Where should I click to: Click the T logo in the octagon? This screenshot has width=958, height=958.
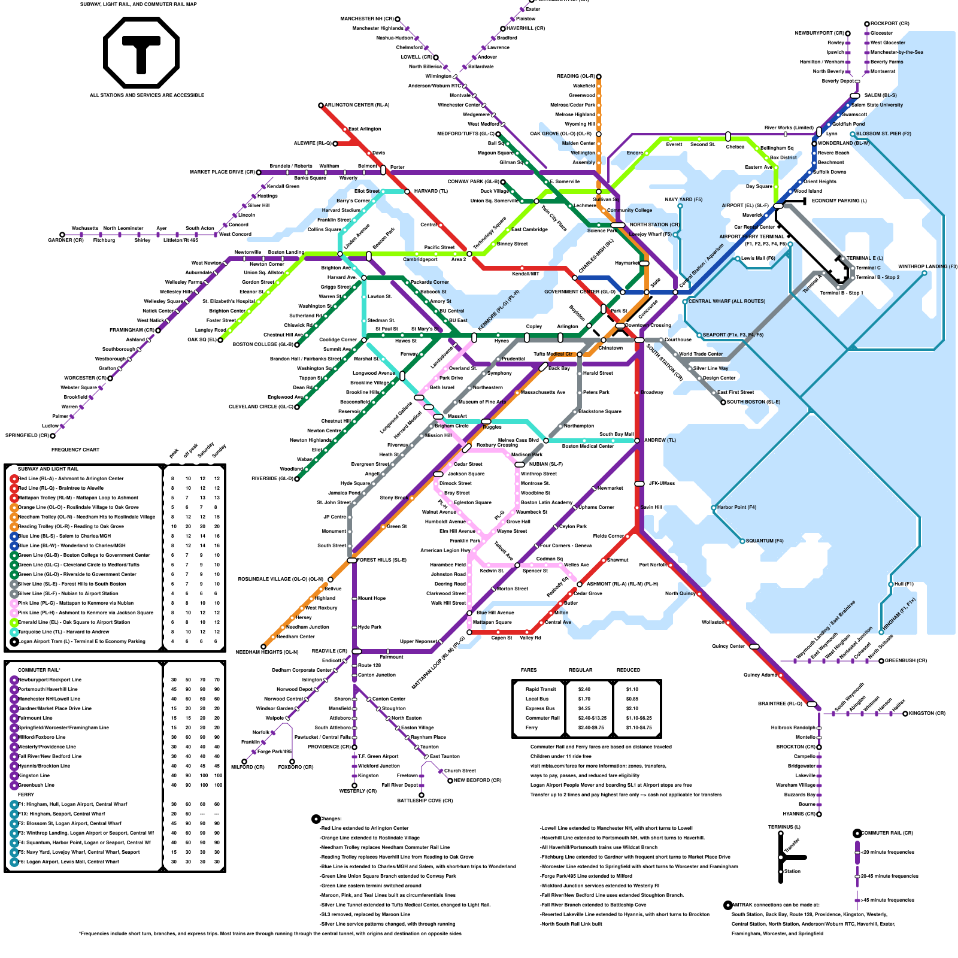click(x=141, y=53)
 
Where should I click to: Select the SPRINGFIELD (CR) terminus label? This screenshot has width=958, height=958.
click(x=27, y=435)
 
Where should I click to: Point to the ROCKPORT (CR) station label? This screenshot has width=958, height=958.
click(x=890, y=24)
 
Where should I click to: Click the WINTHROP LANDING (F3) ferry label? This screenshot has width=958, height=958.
click(x=927, y=267)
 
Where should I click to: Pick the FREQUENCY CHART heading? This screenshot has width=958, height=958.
click(x=75, y=450)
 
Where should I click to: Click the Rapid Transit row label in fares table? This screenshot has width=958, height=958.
click(x=541, y=689)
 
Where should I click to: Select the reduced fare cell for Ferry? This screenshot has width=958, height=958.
click(x=639, y=727)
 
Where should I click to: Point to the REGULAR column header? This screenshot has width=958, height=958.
click(x=580, y=670)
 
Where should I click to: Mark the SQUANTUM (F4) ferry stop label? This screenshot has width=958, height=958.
click(x=765, y=541)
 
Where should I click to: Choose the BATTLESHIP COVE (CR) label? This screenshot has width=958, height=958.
click(x=425, y=801)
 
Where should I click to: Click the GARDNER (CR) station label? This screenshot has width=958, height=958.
click(x=66, y=240)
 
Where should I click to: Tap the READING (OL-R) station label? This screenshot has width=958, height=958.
click(x=575, y=76)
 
